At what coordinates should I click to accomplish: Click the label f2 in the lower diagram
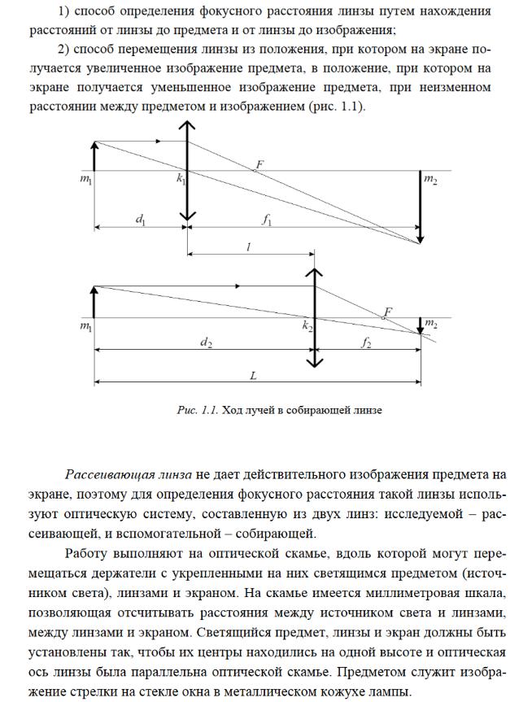pos(366,342)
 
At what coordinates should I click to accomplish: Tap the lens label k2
pos(307,325)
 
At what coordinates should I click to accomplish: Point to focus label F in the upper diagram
pos(259,164)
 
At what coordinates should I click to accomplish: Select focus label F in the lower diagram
pos(388,312)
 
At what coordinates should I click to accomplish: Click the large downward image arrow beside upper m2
pos(420,207)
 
